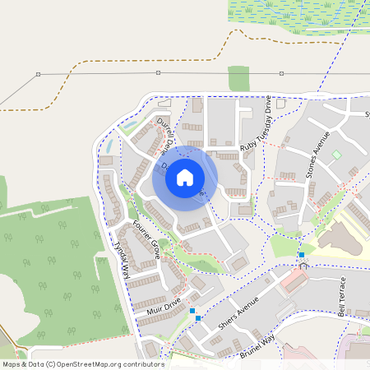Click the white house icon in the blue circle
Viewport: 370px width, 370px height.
click(185, 177)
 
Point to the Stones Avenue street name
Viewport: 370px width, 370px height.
click(317, 155)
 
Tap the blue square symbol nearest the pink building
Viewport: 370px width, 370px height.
click(302, 256)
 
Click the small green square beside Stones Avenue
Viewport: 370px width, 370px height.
click(335, 155)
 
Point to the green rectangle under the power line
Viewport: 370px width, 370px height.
click(238, 78)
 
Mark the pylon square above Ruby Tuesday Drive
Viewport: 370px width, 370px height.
click(281, 73)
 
